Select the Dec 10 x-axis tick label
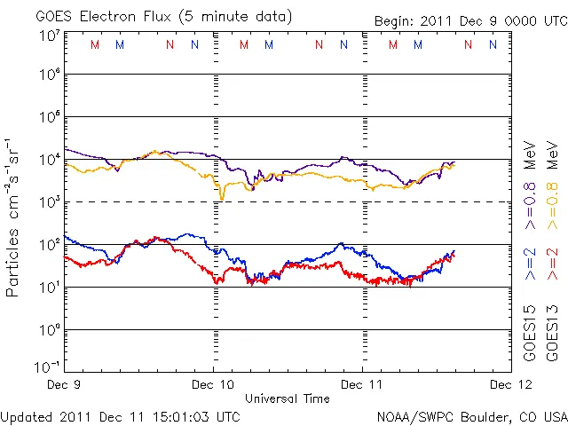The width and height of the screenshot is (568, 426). pyautogui.click(x=213, y=385)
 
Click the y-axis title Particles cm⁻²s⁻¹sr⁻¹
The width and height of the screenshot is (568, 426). pyautogui.click(x=15, y=217)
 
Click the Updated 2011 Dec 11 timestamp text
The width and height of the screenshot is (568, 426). pyautogui.click(x=120, y=415)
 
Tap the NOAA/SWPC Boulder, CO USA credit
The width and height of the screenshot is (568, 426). pyautogui.click(x=471, y=415)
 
